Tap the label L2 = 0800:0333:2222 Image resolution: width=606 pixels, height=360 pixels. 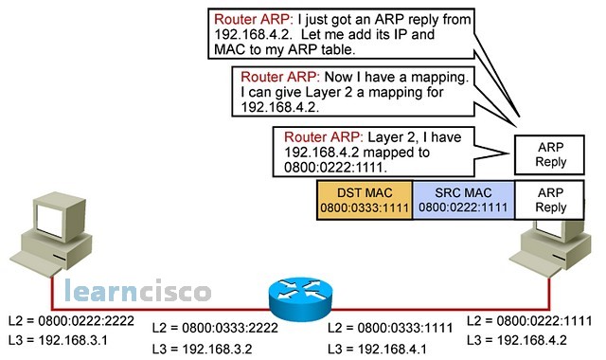click(214, 328)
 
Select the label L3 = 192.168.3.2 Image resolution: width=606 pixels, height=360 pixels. click(204, 348)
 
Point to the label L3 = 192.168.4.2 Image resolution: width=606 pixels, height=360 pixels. click(516, 338)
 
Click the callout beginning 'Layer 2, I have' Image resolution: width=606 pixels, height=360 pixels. click(369, 150)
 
